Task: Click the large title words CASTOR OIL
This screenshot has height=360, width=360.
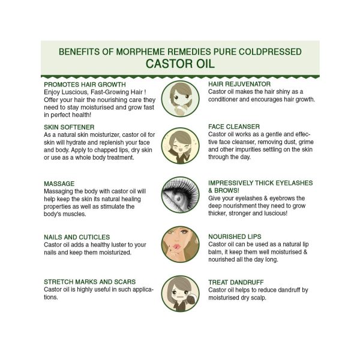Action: (180, 64)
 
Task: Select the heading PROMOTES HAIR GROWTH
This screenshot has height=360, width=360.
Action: (85, 85)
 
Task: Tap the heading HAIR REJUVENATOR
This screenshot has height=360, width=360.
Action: (239, 84)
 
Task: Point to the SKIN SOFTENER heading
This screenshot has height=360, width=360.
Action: (69, 127)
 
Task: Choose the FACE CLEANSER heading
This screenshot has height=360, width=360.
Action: (234, 127)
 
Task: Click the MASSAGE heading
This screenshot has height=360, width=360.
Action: (59, 184)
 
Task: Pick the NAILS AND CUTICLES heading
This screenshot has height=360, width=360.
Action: (77, 237)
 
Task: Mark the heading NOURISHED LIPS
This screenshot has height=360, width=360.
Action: (235, 237)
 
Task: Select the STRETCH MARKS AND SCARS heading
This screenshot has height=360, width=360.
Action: (90, 282)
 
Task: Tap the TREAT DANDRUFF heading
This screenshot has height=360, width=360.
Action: (236, 282)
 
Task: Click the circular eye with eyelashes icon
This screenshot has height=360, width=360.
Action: (180, 194)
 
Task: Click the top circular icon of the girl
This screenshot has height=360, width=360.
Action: (180, 99)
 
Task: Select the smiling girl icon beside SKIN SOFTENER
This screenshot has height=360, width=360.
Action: (180, 146)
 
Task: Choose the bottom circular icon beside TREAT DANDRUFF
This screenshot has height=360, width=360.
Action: (180, 293)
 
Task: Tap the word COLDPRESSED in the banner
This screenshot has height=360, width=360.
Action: (270, 52)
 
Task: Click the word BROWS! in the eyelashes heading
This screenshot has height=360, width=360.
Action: (227, 191)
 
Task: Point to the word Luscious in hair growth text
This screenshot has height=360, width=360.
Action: (75, 92)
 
